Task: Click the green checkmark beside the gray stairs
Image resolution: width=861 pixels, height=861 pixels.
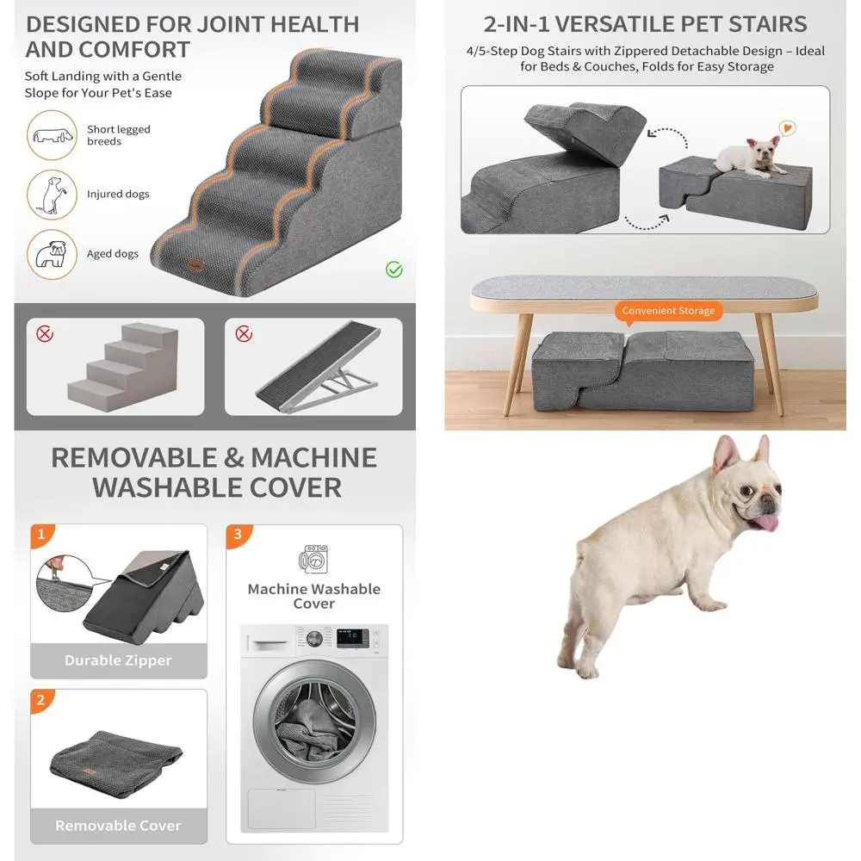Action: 393,270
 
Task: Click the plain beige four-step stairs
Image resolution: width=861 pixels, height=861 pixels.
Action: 123,362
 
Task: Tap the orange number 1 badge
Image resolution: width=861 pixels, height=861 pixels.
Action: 40,535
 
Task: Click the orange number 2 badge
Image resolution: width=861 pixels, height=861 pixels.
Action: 40,700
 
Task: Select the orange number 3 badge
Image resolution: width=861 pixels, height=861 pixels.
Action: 238,535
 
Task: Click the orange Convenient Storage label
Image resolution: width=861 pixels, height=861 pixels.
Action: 668,311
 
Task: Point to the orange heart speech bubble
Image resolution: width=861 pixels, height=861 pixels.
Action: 787,127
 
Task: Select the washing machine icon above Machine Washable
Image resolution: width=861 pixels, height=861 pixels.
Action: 313,561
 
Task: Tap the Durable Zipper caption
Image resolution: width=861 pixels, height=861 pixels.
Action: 118,660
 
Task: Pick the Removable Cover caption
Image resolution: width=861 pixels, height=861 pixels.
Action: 118,826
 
